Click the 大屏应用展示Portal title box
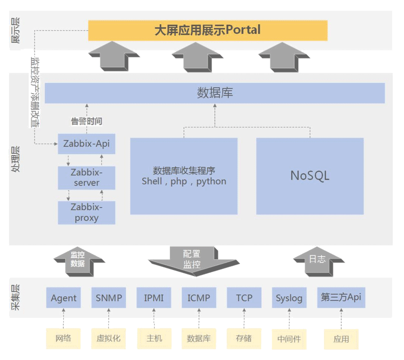click(x=208, y=30)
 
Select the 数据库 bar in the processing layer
click(x=215, y=93)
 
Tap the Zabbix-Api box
click(x=87, y=143)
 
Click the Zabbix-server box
click(x=87, y=177)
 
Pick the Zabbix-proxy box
click(x=87, y=212)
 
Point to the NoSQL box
click(x=310, y=175)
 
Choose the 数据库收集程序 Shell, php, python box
click(x=184, y=175)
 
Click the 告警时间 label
click(x=87, y=121)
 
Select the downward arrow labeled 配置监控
click(x=192, y=259)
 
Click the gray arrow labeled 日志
click(x=317, y=259)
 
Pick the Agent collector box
click(x=64, y=298)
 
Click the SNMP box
click(x=109, y=298)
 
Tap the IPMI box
click(x=154, y=298)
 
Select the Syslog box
click(x=289, y=298)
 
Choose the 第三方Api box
click(x=341, y=297)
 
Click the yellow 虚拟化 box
click(x=109, y=338)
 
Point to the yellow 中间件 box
click(x=289, y=339)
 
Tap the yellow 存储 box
click(x=244, y=338)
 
